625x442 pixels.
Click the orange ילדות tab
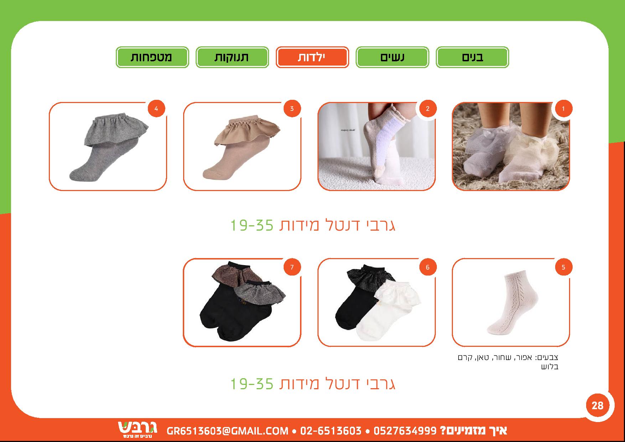pyautogui.click(x=312, y=57)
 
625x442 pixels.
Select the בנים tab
pyautogui.click(x=472, y=57)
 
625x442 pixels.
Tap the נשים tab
pyautogui.click(x=392, y=57)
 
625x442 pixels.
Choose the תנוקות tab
pyautogui.click(x=232, y=57)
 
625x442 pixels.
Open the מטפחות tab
pyautogui.click(x=152, y=57)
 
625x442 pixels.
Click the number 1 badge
pyautogui.click(x=563, y=109)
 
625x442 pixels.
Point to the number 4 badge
pyautogui.click(x=156, y=109)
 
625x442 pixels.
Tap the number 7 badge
pyautogui.click(x=292, y=267)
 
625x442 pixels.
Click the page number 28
pyautogui.click(x=598, y=405)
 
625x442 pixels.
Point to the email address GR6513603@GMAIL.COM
pyautogui.click(x=227, y=431)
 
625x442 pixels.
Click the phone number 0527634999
pyautogui.click(x=405, y=431)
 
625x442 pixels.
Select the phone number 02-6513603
pyautogui.click(x=331, y=431)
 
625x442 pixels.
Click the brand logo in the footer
pyautogui.click(x=137, y=430)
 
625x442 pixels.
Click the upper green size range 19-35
pyautogui.click(x=252, y=225)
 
